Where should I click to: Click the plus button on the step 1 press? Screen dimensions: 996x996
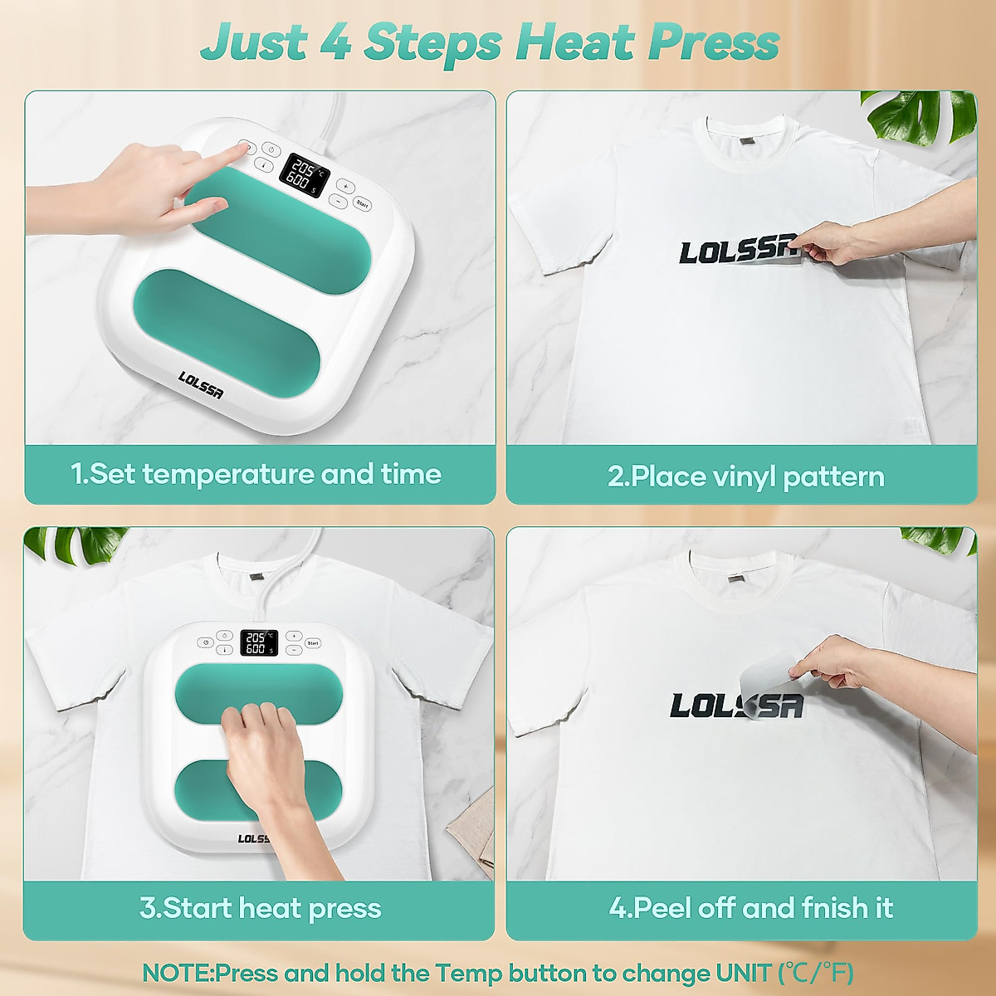[x=345, y=187]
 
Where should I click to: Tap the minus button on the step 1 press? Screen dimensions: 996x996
[x=338, y=201]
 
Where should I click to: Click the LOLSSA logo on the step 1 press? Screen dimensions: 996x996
[x=201, y=384]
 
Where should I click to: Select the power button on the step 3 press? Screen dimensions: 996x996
[x=223, y=637]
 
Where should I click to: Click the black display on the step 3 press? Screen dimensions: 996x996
[x=257, y=642]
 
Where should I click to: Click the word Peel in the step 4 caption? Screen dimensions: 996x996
[x=662, y=909]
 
